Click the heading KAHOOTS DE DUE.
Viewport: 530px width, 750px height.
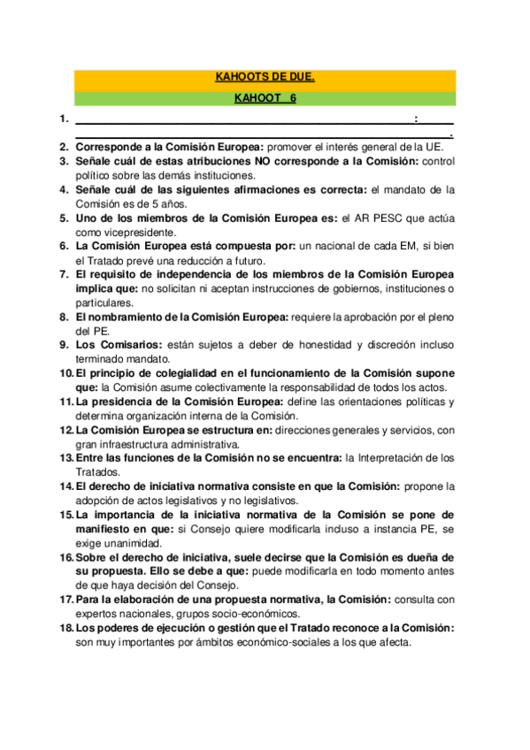[x=265, y=78]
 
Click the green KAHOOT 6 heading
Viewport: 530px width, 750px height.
[x=265, y=98]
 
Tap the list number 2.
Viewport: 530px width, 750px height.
[x=64, y=146]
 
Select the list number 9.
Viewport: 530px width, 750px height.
[x=64, y=344]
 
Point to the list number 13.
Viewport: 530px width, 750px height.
[x=65, y=457]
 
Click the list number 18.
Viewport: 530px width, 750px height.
[x=65, y=627]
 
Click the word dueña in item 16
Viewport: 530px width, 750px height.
[x=426, y=556]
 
